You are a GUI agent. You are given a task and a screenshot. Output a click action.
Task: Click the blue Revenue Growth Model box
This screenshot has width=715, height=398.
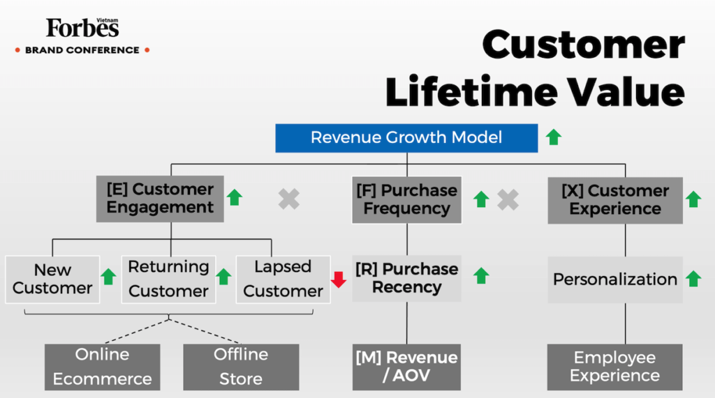coord(406,137)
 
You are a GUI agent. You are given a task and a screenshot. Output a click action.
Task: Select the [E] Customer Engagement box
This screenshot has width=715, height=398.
coord(160,199)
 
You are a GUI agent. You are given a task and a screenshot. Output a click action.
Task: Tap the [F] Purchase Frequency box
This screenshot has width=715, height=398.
coord(407,200)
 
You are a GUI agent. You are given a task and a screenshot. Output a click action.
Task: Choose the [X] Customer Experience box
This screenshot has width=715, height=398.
coord(615,200)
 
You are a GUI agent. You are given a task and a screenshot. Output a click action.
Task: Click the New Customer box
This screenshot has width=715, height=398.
coord(52,280)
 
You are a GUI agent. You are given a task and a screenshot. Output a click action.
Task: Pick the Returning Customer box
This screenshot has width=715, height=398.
coord(169,280)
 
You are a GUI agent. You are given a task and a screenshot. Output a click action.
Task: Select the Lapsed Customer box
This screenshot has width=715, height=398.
coord(283,280)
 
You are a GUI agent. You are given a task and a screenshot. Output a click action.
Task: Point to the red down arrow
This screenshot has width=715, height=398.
coord(339,280)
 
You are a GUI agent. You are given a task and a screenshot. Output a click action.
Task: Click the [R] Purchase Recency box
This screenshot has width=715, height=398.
coord(407,278)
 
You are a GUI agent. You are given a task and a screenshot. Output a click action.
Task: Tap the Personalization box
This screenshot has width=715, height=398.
coord(615,280)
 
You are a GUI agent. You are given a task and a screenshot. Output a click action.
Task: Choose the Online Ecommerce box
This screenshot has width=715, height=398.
coord(102,367)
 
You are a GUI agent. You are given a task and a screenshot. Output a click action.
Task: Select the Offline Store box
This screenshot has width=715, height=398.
coord(241,367)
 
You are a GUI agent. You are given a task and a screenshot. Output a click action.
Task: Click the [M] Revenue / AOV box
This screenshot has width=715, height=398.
coord(406,367)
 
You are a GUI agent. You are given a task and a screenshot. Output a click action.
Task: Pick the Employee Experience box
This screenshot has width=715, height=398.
coord(614,367)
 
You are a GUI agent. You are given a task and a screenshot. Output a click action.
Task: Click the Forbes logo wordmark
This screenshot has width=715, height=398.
coord(82,28)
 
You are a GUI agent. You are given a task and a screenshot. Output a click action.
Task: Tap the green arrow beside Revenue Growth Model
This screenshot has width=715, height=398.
coord(554,137)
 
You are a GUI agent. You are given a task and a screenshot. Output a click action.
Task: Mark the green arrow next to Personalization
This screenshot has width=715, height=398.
coord(693,279)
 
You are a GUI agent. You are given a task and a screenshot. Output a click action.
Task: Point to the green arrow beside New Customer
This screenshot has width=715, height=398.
coord(108,277)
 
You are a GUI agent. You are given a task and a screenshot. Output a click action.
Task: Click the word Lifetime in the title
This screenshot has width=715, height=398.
coord(471,91)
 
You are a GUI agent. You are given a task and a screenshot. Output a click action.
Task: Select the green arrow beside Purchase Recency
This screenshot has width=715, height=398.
coord(481,276)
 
